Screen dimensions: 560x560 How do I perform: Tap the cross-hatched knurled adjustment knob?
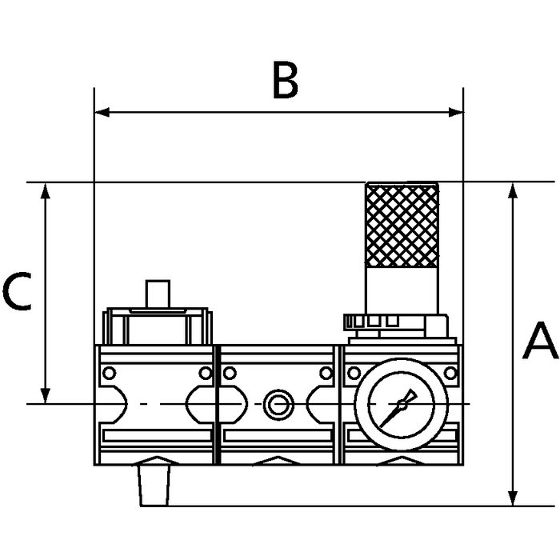click(404, 225)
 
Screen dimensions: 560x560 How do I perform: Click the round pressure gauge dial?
click(392, 406)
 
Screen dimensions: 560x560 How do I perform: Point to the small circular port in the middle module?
click(277, 403)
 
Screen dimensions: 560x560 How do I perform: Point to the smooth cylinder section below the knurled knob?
click(404, 290)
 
